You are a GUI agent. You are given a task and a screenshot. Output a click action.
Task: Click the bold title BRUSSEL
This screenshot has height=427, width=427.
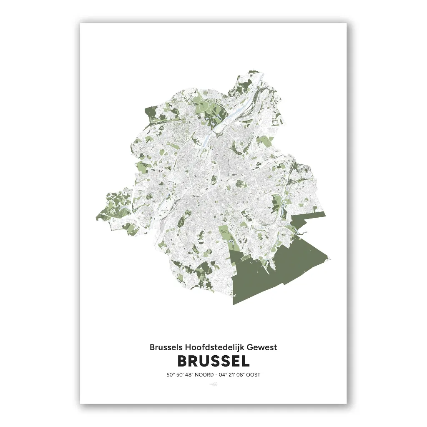pyautogui.click(x=213, y=361)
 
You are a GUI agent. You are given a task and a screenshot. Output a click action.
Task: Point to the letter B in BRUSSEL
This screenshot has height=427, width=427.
pyautogui.click(x=182, y=361)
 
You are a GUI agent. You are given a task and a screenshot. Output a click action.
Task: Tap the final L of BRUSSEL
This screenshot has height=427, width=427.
pyautogui.click(x=246, y=361)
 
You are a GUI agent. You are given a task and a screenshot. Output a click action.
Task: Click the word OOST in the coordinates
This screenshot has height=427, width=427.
pyautogui.click(x=253, y=374)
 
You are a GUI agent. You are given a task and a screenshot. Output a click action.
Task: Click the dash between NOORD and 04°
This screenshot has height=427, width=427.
pyautogui.click(x=212, y=374)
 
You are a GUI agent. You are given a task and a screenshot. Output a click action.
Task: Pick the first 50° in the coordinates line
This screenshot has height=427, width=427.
pyautogui.click(x=170, y=374)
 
